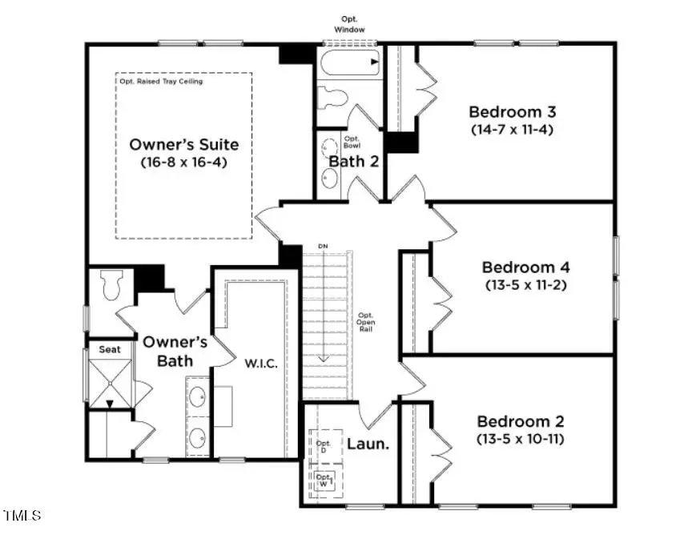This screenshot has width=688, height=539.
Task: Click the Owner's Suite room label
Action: [184, 145]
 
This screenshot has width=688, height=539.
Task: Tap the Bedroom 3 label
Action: [513, 111]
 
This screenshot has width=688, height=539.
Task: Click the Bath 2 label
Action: [353, 161]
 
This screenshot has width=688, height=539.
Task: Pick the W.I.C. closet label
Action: [261, 363]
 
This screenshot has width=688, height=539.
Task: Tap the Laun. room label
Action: [368, 443]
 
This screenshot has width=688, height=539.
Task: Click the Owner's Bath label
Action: [175, 351]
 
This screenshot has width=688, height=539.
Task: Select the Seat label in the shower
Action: [109, 350]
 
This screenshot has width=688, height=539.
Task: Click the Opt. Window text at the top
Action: [350, 24]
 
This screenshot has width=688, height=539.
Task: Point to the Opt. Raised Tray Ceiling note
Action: [161, 82]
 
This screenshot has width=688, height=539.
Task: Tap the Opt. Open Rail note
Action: [365, 322]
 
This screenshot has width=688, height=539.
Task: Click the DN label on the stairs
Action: [323, 246]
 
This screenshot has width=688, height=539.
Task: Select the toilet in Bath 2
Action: [332, 99]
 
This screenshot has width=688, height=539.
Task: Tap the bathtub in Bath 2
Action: [350, 62]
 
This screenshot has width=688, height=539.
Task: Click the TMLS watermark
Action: [22, 515]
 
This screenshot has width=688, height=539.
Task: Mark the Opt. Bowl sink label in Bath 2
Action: [352, 142]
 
